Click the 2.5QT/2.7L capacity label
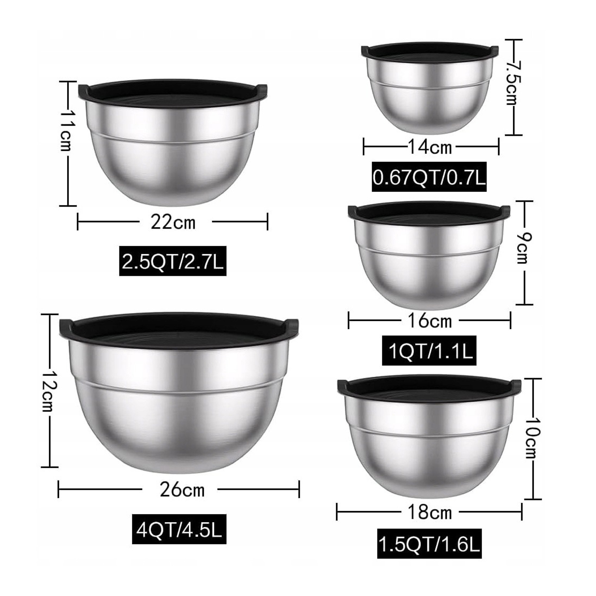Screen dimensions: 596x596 tap(173, 261)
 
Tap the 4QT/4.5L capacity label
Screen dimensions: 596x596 tap(179, 529)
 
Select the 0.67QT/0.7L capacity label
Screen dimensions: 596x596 tap(429, 177)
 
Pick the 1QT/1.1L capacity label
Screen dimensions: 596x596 tap(429, 351)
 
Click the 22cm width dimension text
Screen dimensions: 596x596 tap(173, 222)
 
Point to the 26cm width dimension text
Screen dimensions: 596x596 tap(182, 490)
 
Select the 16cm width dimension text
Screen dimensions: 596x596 tap(430, 321)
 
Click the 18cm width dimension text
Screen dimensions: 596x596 tap(430, 512)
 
